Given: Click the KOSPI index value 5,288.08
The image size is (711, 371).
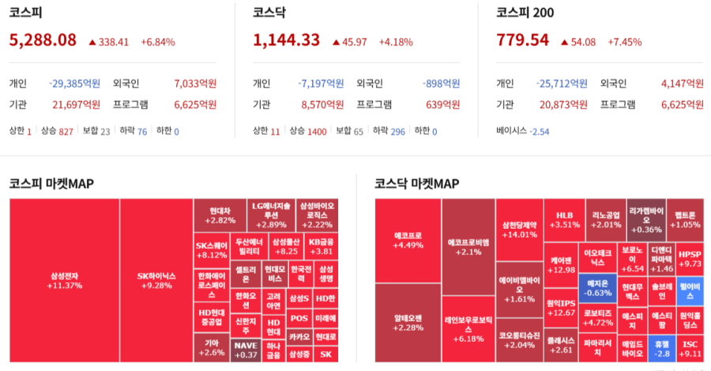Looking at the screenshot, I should pos(43,40).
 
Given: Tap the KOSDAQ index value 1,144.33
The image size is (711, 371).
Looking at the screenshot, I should pos(286,40).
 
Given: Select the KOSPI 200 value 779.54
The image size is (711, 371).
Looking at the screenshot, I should pos(522,40).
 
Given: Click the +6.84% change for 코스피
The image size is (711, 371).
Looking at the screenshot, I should pos(158,42).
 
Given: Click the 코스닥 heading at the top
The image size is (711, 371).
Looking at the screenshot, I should pos(269,12).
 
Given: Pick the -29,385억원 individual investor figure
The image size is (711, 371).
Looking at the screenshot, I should pos(74,83).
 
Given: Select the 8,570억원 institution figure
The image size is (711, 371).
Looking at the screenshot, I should pos(322,104).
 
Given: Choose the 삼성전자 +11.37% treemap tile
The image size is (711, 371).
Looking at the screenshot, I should pos(64,280).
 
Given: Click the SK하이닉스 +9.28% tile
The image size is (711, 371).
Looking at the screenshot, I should pos(156,280).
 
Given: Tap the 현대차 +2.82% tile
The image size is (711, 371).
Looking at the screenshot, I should pos(220,215).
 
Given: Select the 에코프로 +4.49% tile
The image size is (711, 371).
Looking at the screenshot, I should pos(408,240).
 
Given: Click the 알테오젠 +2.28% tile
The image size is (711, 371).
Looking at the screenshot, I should pos(408,322).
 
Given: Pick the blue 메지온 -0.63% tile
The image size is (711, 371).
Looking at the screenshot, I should pos(598,287).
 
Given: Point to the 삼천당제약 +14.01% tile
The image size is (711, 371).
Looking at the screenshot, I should pos(519,229).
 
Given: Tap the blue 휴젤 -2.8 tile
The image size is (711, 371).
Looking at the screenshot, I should pos(657,348).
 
